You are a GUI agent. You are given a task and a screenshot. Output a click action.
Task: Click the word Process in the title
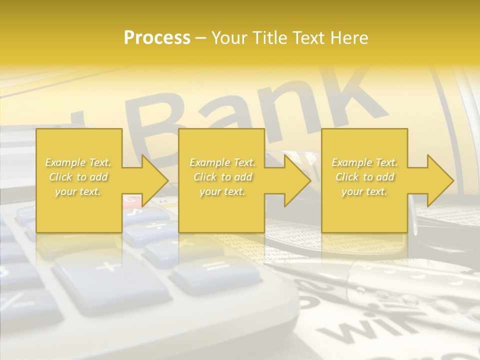157,37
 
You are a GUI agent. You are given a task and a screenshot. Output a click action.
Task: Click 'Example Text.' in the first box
78,162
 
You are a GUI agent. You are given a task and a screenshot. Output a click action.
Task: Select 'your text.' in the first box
78,191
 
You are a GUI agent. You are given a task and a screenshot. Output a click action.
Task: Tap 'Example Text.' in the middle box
222,162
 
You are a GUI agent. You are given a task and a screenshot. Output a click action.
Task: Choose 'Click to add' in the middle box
222,177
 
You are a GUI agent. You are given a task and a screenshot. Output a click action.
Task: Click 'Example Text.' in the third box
364,162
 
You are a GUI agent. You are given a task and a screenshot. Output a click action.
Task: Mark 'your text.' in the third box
364,191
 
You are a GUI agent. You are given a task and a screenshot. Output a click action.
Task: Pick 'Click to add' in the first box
78,177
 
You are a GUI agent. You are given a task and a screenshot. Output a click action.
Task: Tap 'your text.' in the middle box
222,191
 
